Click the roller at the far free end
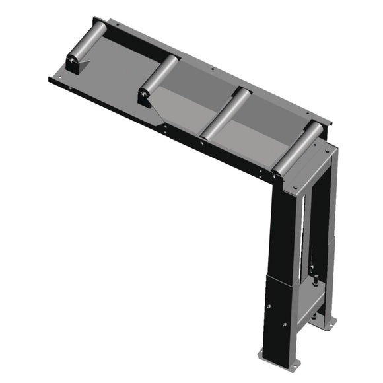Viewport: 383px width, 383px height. click(x=89, y=42)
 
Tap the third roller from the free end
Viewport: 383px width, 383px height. click(x=225, y=112)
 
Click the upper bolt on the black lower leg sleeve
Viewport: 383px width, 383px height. click(x=269, y=306)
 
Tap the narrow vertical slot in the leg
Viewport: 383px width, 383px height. click(x=303, y=231)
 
